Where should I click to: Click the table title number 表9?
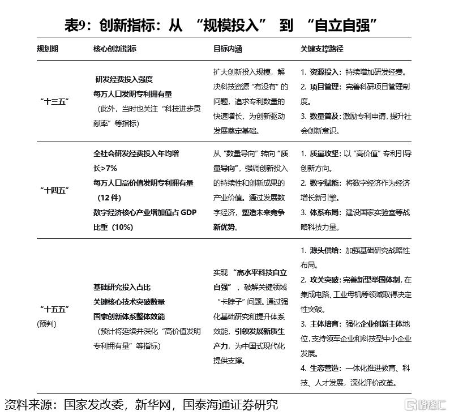click(x=78, y=25)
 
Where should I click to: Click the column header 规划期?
click(x=47, y=49)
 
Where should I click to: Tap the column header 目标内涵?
click(x=228, y=49)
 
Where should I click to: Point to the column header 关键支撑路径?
click(x=322, y=49)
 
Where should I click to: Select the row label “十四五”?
click(x=54, y=190)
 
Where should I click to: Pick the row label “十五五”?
click(x=54, y=309)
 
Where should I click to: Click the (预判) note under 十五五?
click(x=47, y=324)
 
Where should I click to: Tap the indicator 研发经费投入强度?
click(x=124, y=79)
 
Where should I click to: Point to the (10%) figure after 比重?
click(x=122, y=226)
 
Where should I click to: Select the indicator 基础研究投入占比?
click(x=122, y=287)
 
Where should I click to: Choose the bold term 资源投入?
click(x=324, y=72)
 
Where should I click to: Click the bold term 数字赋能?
click(x=324, y=183)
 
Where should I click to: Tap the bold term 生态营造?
click(x=324, y=368)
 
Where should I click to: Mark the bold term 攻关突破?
click(x=324, y=280)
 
